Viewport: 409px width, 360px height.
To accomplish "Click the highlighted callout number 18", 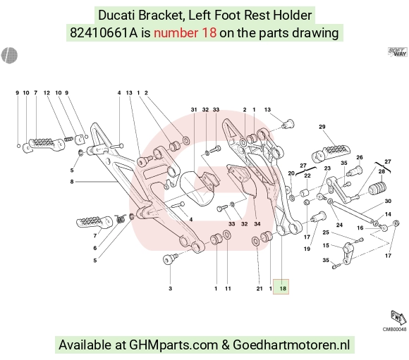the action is coord(283,288).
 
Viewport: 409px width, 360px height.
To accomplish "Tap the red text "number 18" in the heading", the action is coord(185,33).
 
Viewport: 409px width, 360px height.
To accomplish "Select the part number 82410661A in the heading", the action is coord(104,33).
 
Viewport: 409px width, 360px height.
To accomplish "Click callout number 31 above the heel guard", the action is coord(194,109).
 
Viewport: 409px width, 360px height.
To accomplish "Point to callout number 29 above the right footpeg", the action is coord(322,127).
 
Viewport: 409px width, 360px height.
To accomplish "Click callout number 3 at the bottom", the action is coord(171,288).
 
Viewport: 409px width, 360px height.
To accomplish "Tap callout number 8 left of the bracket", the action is coord(72,182).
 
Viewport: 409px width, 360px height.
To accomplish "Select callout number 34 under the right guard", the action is coord(257,223).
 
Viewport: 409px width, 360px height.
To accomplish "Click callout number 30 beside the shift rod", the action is coord(388,201).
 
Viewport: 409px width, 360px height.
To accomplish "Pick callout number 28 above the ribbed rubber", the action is coord(381,171).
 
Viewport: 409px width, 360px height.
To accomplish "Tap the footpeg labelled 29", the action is coord(331,154).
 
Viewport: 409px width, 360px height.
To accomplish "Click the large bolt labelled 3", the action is coord(169,259).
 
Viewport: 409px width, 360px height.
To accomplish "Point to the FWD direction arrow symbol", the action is coord(398,318).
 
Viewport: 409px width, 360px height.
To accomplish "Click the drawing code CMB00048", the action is coord(394,329).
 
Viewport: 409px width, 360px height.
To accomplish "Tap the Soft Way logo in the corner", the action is coord(397,51).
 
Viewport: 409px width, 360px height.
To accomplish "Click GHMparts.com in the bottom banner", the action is coord(173,345).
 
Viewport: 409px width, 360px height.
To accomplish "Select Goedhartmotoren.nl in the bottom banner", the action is coord(291,345).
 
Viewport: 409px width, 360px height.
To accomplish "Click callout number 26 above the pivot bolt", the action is coord(360,157).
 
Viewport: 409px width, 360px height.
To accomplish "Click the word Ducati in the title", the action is coord(117,15).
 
